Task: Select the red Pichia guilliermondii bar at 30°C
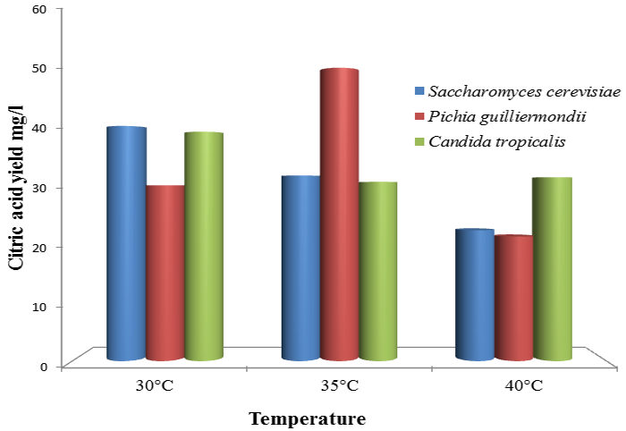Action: [x=165, y=273]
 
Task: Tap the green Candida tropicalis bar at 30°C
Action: [x=203, y=246]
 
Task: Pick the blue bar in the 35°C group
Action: [x=300, y=268]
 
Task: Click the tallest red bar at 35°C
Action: [x=339, y=215]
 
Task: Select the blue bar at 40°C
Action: [x=474, y=295]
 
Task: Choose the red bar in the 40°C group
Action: [x=512, y=298]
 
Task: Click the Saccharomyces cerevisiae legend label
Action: [x=524, y=92]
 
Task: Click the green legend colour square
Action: [x=419, y=141]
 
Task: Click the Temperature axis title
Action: [x=307, y=418]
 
